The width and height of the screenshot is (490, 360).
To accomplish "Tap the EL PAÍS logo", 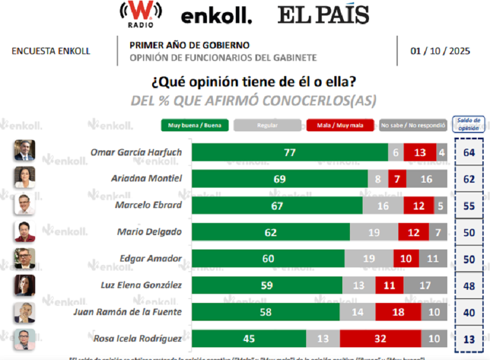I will click(323, 15).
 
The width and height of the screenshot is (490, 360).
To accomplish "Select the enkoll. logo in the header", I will click(216, 17).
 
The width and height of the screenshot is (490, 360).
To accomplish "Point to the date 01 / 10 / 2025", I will click(440, 51).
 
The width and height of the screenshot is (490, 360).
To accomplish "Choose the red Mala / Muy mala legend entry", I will click(340, 125).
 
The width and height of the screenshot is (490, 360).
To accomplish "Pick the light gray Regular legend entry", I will click(266, 125).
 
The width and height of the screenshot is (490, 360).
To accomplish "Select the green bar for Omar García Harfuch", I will click(290, 152).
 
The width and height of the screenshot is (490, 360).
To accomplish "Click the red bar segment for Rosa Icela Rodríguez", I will click(380, 339).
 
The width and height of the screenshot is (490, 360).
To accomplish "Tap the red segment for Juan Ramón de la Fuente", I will click(398, 312).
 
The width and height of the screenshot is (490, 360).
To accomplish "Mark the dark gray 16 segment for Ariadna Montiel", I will click(426, 179).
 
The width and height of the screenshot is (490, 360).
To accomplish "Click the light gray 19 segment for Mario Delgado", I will click(374, 232).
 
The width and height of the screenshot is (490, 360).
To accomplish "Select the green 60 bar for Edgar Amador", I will click(268, 259).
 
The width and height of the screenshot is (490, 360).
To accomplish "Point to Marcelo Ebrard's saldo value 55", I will click(469, 206).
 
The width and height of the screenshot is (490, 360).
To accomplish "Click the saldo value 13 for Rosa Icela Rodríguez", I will click(469, 339).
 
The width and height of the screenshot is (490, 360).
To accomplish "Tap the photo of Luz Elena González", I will click(25, 285).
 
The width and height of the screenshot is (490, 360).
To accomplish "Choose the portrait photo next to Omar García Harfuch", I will click(25, 151).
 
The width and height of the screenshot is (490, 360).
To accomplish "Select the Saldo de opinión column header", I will click(469, 124).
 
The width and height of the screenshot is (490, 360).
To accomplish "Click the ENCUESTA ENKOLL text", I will click(51, 51).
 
